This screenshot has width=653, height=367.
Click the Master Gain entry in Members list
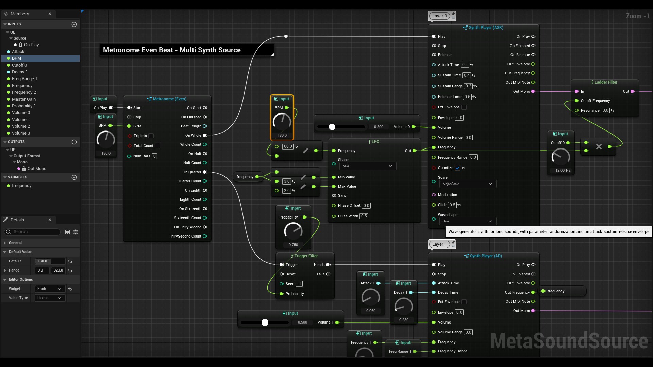point(24,99)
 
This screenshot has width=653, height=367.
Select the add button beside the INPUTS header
point(74,24)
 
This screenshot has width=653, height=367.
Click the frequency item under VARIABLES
point(21,186)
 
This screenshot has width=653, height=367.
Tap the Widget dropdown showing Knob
point(50,289)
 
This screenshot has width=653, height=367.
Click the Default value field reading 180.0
point(50,261)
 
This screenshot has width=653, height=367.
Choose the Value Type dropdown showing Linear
point(50,298)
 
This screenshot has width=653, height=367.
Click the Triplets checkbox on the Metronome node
point(151,136)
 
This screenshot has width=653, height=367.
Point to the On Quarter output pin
point(205,172)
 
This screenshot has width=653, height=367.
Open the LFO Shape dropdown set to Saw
point(368,166)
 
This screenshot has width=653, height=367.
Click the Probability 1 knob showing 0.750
point(293,231)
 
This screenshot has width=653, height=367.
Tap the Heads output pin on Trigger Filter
point(328,265)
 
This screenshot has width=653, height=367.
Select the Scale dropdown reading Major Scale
point(467,184)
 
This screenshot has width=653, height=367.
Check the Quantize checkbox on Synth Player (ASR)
point(457,168)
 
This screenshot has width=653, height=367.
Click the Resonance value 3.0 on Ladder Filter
point(605,111)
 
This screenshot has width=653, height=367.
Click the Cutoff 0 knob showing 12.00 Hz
point(560,157)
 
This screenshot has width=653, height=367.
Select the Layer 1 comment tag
point(439,244)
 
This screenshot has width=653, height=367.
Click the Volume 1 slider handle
point(265,322)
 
